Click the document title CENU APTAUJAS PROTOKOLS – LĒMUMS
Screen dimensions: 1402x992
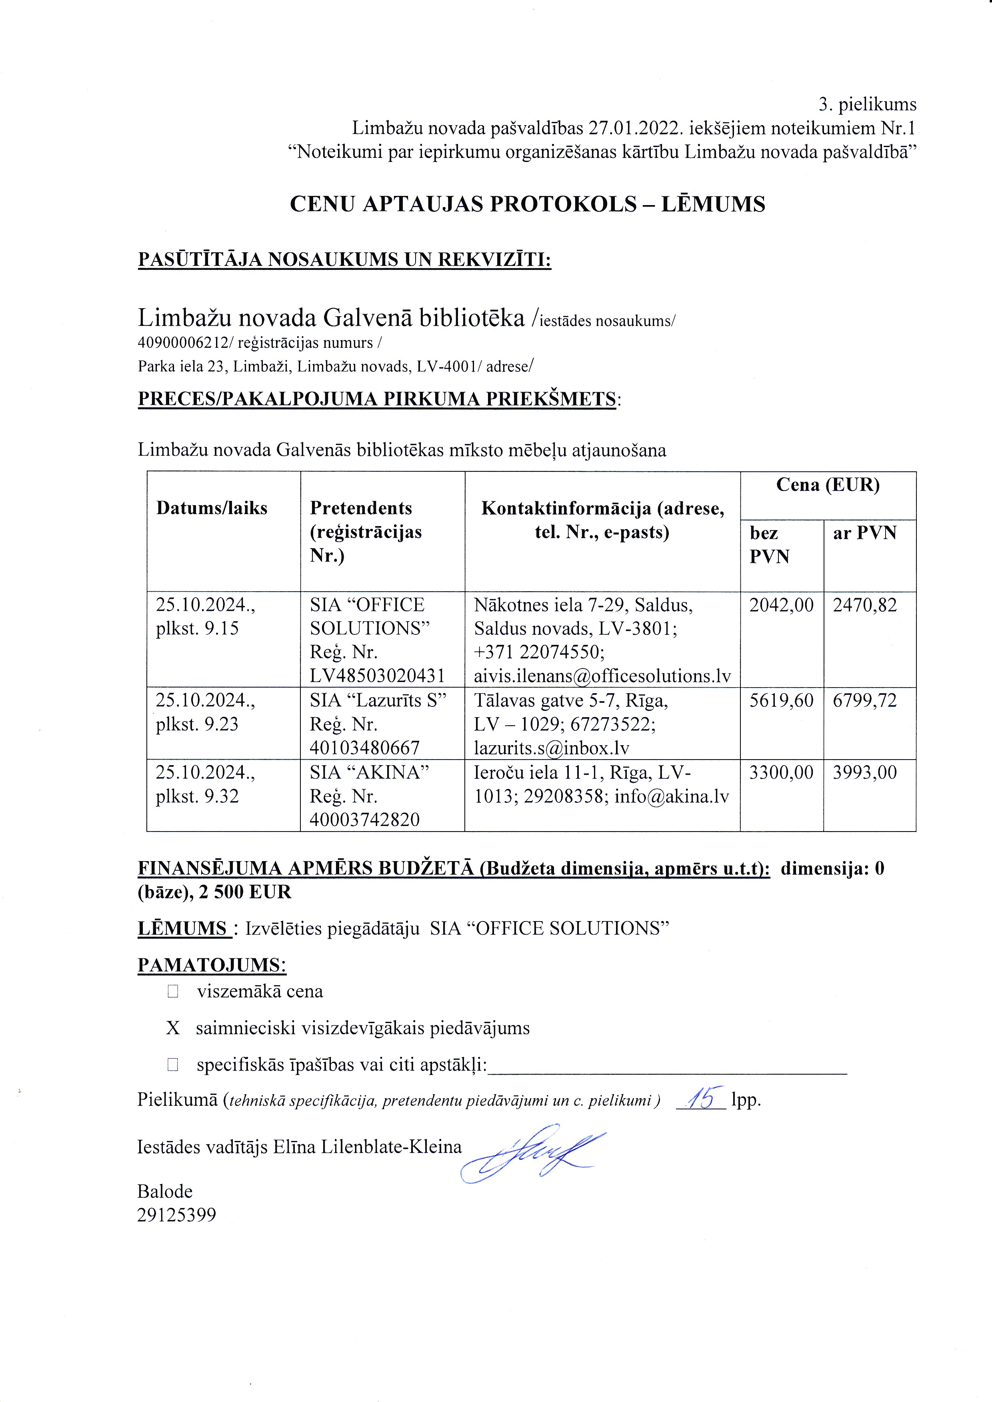(x=527, y=204)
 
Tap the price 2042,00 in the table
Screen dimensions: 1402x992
(x=781, y=605)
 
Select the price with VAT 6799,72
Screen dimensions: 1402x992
(x=864, y=700)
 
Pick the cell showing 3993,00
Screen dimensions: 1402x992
(x=864, y=772)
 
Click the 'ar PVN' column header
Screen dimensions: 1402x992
(x=864, y=533)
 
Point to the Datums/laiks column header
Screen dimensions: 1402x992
(x=212, y=508)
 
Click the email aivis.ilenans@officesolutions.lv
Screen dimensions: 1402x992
(x=602, y=676)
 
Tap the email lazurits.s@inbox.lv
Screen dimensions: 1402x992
(x=552, y=748)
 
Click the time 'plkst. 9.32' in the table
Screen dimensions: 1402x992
(x=197, y=796)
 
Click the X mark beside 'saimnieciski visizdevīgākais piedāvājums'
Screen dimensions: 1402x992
(x=173, y=1028)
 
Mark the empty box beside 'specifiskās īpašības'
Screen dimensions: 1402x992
(x=173, y=1065)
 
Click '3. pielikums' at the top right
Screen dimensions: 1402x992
(x=867, y=104)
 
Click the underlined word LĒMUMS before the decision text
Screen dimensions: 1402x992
(x=183, y=929)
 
